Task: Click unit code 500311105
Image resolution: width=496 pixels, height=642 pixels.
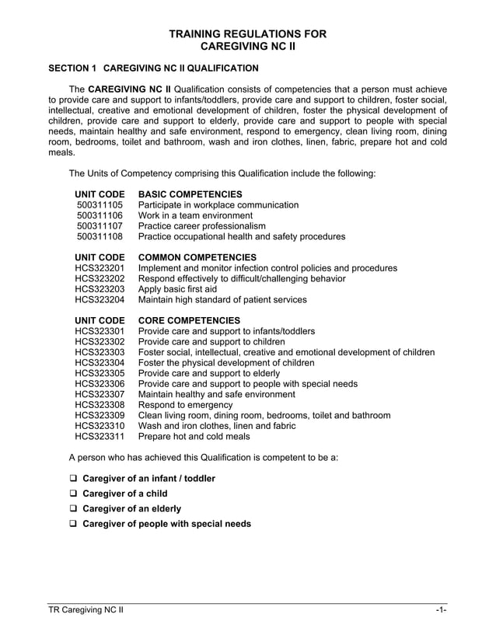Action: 100,205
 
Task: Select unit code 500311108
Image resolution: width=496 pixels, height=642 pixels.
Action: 100,236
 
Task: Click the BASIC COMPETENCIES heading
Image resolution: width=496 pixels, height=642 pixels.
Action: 190,194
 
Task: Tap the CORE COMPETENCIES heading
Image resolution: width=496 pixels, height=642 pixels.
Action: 189,320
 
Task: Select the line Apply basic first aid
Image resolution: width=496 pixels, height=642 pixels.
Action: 177,289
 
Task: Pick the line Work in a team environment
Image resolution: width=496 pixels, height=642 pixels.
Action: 195,215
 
